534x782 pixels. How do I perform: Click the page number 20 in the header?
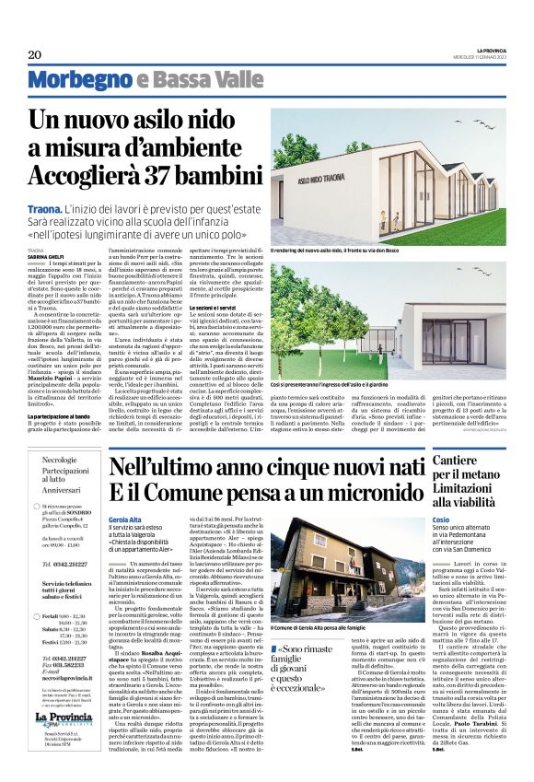[x=34, y=54]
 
